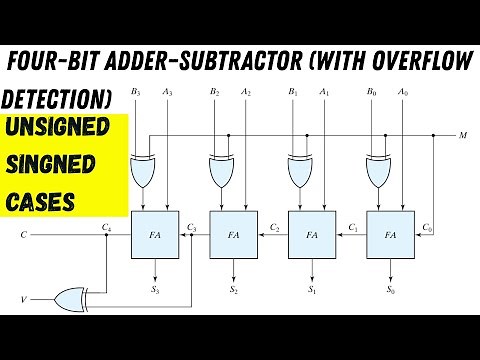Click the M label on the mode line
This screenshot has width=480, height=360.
tap(463, 133)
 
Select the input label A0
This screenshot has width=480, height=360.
tap(402, 93)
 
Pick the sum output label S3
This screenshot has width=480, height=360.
tap(154, 288)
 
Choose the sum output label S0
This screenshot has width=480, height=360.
tap(389, 288)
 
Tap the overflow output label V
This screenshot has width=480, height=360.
tap(25, 299)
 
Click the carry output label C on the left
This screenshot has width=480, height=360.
tap(24, 236)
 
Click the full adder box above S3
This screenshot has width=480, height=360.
tap(154, 235)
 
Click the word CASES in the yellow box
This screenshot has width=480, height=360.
tap(41, 200)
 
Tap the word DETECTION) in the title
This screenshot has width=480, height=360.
tap(55, 100)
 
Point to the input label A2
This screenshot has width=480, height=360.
tap(246, 93)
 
